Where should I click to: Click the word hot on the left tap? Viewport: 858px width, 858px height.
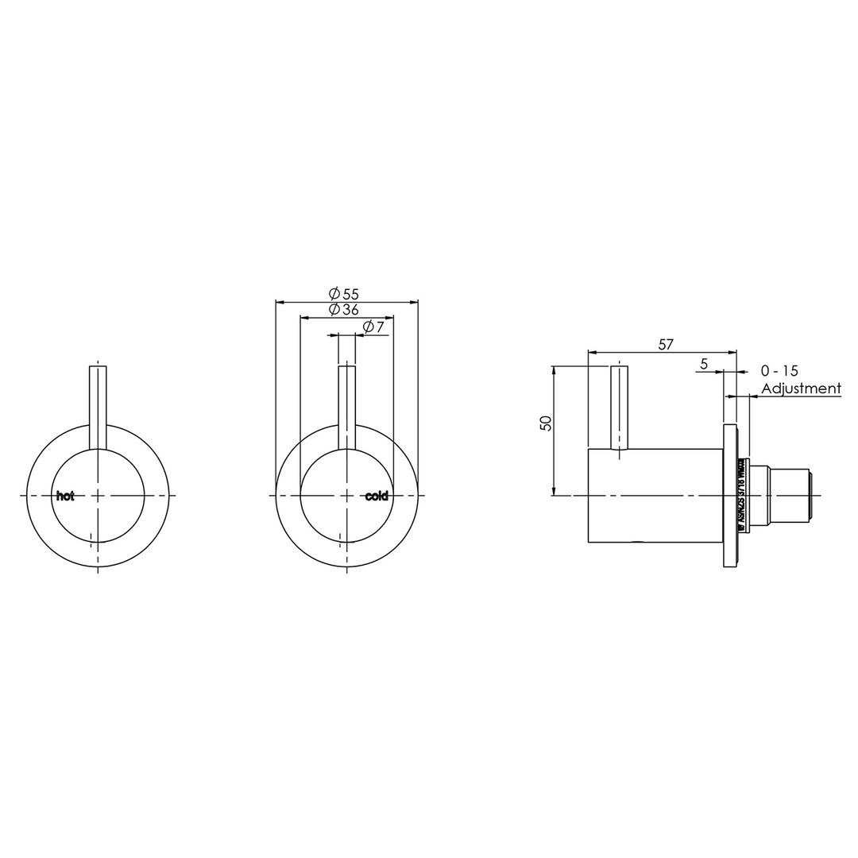pos(65,496)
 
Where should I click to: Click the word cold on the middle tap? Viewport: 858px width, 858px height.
pos(377,496)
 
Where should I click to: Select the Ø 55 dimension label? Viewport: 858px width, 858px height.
pos(344,294)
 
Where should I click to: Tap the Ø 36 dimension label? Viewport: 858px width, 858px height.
pos(344,309)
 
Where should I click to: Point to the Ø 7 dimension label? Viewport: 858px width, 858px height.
pos(373,327)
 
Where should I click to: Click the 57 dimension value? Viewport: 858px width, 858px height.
pos(666,344)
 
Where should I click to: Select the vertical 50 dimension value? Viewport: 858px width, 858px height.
pos(545,423)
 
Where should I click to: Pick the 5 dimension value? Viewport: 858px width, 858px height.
pos(704,364)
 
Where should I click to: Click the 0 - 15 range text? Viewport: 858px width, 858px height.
pos(779,370)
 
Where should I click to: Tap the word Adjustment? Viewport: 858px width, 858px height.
pos(801,388)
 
